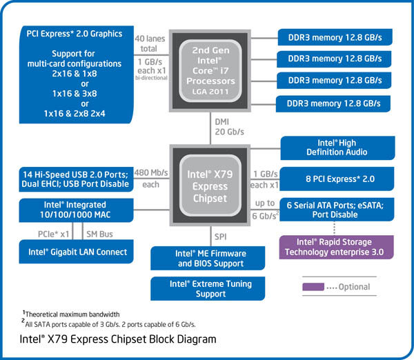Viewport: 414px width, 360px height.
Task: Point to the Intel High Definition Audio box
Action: [x=337, y=147]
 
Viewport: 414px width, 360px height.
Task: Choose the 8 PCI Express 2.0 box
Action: [x=337, y=179]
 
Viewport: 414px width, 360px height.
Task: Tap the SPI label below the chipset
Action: [x=220, y=236]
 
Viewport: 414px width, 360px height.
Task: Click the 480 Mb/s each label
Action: [x=150, y=179]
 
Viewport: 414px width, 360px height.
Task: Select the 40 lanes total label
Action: [x=150, y=43]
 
